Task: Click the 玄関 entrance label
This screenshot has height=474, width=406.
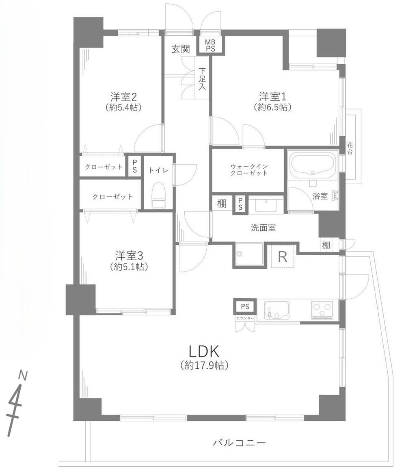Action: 180,49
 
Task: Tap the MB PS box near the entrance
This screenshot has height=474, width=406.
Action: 210,45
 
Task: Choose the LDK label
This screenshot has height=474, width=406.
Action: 203,351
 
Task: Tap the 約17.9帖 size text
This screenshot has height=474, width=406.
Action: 204,365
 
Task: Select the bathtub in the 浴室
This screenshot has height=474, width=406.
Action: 311,165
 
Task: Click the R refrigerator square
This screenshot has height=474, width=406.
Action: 283,257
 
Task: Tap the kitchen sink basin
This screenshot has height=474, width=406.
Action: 277,310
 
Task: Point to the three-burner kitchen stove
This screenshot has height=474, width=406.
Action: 324,311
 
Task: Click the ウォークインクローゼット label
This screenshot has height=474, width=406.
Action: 248,170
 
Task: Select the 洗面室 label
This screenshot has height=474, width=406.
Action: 263,228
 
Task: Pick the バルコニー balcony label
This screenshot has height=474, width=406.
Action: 240,442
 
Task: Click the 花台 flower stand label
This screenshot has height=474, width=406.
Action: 350,148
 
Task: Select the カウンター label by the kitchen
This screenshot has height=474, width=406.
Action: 245,317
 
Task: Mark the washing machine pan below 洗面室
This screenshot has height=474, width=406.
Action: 248,255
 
